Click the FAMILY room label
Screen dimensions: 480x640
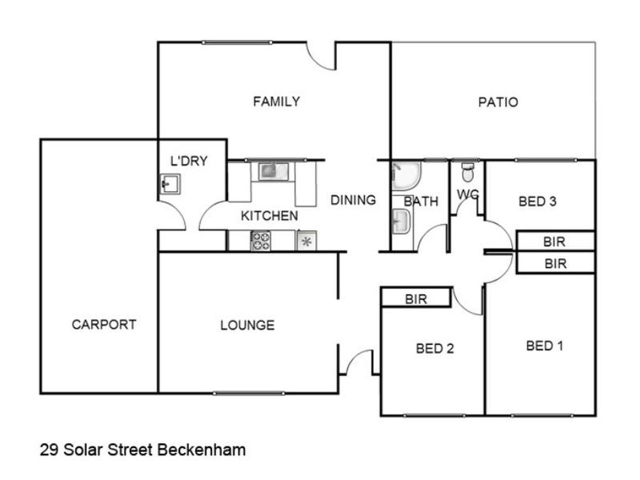click(x=276, y=101)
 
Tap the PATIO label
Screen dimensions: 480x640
click(x=498, y=102)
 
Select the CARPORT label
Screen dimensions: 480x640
click(x=104, y=324)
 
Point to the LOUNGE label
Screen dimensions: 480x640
click(x=247, y=325)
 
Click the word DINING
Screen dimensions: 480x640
click(x=353, y=200)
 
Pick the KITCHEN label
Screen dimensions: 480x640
click(x=269, y=216)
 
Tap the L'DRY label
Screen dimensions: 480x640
click(x=188, y=161)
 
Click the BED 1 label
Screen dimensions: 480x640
click(x=545, y=346)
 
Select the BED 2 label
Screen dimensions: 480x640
click(x=435, y=349)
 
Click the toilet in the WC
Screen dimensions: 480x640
click(x=468, y=172)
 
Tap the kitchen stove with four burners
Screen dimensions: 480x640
click(x=261, y=241)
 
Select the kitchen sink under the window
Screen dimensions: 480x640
click(x=274, y=171)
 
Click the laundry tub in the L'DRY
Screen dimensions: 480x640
click(x=170, y=185)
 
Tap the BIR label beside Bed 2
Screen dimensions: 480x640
click(x=416, y=299)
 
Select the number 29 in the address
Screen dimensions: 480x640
click(x=49, y=450)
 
